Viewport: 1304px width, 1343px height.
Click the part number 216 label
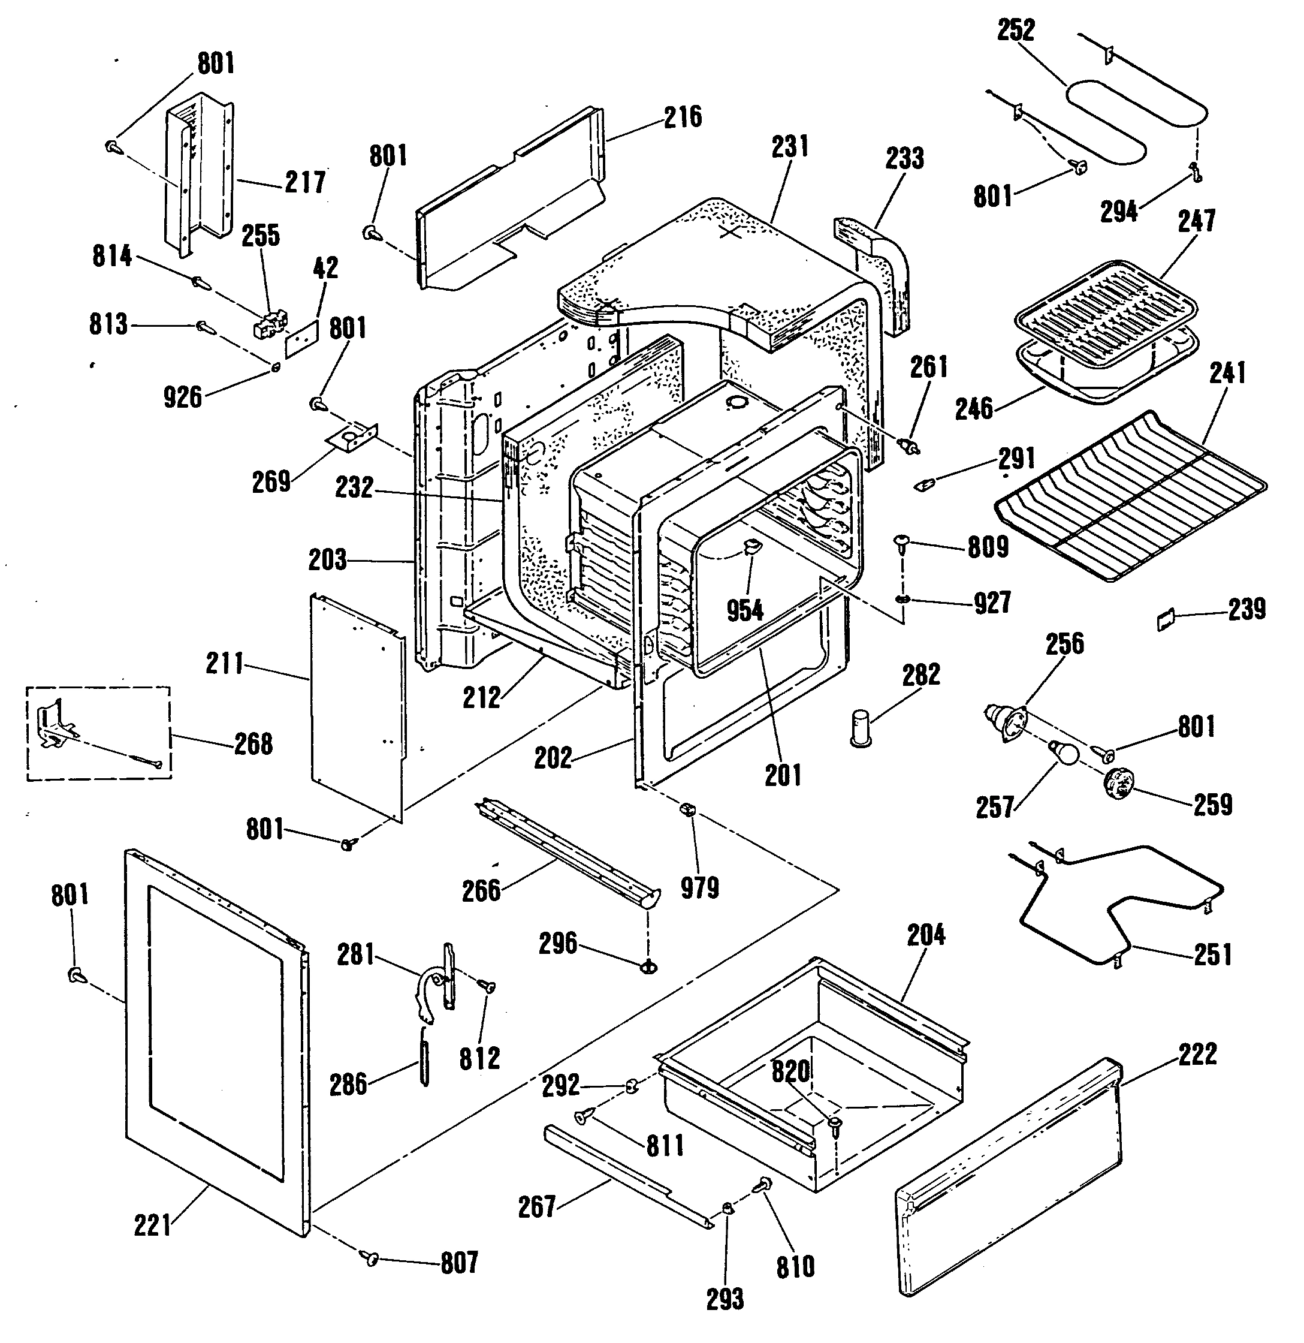[683, 116]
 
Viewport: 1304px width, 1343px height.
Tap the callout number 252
[1016, 30]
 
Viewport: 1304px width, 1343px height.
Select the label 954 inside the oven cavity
[744, 609]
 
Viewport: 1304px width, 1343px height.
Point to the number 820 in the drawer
[791, 1070]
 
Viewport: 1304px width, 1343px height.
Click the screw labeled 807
[370, 1257]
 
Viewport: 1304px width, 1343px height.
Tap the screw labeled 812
[488, 986]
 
